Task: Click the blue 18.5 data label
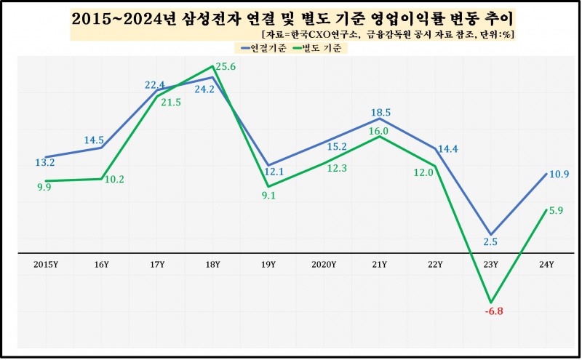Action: coord(380,112)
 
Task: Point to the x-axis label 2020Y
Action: coord(324,265)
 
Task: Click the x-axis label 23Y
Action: coord(491,265)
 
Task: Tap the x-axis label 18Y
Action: coord(213,265)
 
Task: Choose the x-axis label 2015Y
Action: coord(46,265)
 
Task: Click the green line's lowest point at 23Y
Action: coord(492,302)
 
